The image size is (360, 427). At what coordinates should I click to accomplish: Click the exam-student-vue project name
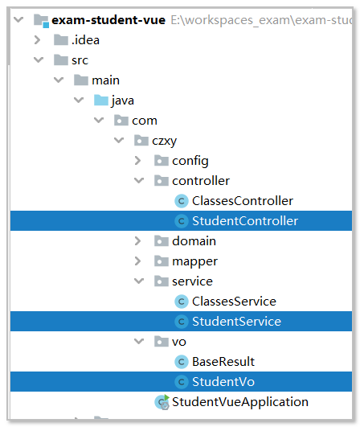tap(108, 20)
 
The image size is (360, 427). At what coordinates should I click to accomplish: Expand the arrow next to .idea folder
tap(37, 40)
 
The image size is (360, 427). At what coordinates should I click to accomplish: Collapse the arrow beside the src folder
tap(39, 60)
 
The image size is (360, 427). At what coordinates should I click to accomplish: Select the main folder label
tap(105, 80)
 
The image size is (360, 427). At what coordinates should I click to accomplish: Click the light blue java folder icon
tap(101, 101)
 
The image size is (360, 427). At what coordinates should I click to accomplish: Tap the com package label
tap(145, 121)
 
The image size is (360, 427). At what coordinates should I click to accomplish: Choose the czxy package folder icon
tap(141, 141)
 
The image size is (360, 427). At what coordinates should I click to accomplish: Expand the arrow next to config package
tap(138, 161)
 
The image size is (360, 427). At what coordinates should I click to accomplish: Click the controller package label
tap(201, 181)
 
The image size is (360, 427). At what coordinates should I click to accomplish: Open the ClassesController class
tap(243, 201)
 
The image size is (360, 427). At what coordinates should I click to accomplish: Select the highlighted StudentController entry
tap(245, 221)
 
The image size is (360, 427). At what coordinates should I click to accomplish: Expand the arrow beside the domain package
tap(138, 241)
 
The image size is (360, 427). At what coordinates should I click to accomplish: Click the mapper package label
tap(194, 261)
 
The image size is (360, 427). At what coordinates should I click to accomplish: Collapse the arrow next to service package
tap(139, 281)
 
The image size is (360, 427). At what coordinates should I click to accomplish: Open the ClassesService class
tap(234, 302)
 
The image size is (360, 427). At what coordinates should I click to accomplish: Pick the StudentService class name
tap(236, 322)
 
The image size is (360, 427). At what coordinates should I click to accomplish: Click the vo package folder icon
tap(162, 342)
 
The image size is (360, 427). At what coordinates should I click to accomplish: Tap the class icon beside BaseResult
tap(182, 362)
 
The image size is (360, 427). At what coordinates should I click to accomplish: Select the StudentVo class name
tap(223, 382)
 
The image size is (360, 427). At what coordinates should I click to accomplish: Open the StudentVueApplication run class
tap(240, 402)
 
